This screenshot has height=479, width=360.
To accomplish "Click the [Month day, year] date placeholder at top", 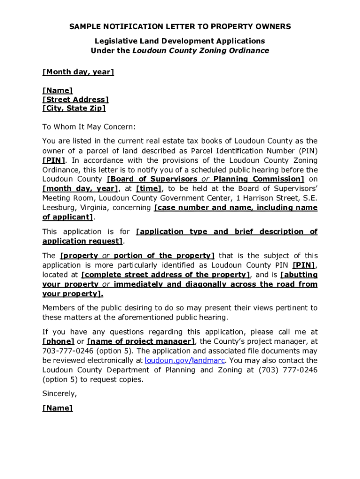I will click(x=78, y=72).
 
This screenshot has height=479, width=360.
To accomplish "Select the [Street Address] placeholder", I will click(x=75, y=99).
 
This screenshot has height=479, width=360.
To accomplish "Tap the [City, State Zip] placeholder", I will click(x=74, y=109).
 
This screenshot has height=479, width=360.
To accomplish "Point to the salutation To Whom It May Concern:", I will click(x=89, y=127).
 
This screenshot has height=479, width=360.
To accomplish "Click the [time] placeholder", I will click(x=149, y=189).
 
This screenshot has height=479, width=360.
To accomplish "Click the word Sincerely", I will click(x=59, y=393).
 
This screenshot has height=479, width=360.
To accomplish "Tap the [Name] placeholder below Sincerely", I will click(x=58, y=408).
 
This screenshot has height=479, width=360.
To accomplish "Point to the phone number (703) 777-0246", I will click(x=288, y=370).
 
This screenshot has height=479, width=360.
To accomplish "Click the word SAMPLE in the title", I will click(x=85, y=27).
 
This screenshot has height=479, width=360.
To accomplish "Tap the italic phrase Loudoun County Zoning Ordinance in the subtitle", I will click(x=201, y=51).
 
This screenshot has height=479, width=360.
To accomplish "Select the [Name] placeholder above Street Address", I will click(x=58, y=90).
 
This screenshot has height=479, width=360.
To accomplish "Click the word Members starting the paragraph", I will click(x=59, y=308).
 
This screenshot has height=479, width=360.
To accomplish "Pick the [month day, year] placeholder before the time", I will click(x=80, y=189).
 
